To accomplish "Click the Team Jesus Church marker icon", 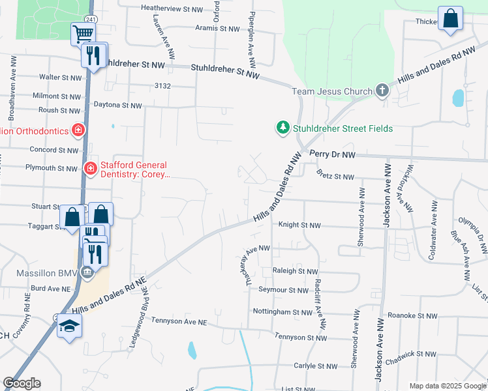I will click(x=382, y=92).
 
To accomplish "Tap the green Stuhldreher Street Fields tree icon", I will click(x=282, y=128).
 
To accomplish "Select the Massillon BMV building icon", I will click(x=87, y=272).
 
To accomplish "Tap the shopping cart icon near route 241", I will click(x=83, y=33).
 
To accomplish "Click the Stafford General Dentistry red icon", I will click(x=90, y=169).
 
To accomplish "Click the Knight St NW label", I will click(x=299, y=225).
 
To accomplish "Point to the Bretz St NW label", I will click(x=335, y=177).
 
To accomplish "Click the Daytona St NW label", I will click(x=117, y=105).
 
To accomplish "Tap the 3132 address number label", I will click(x=162, y=86).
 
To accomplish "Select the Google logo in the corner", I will click(x=22, y=383).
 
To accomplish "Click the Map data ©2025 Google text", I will click(x=447, y=386).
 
